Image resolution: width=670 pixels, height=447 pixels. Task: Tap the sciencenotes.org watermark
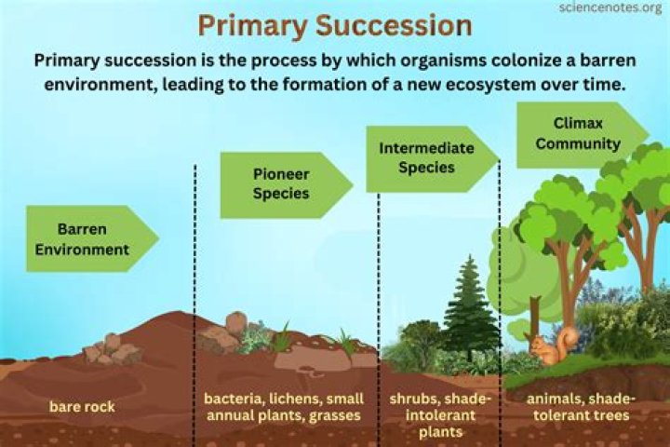pyautogui.click(x=610, y=8)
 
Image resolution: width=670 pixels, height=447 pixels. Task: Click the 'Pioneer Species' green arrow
pyautogui.click(x=283, y=184)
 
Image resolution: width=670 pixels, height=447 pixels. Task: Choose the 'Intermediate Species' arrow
pyautogui.click(x=429, y=158)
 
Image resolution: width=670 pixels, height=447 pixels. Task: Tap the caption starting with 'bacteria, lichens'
pyautogui.click(x=283, y=407)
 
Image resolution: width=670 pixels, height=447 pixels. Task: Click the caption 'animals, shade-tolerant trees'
pyautogui.click(x=577, y=407)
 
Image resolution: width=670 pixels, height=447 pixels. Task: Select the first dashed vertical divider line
pyautogui.click(x=194, y=279)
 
